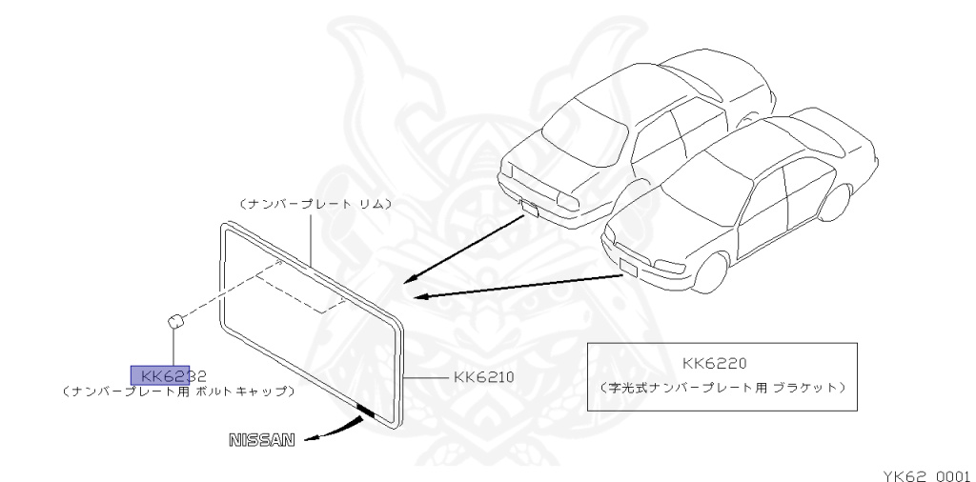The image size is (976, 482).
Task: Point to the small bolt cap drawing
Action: pyautogui.click(x=175, y=321)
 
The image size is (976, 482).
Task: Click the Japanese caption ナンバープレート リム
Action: pyautogui.click(x=315, y=204)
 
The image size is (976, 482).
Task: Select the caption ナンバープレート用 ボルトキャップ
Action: pyautogui.click(x=177, y=392)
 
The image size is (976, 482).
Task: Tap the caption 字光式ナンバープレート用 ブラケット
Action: pyautogui.click(x=722, y=388)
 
